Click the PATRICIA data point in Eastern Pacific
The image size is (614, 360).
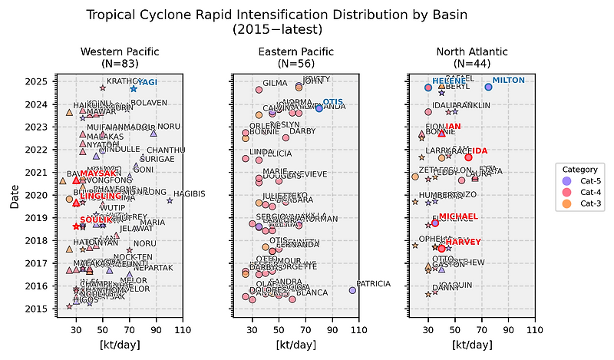(x=352, y=290)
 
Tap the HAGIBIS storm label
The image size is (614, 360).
(x=189, y=194)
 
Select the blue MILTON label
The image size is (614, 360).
(x=507, y=81)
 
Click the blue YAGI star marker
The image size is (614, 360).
(x=134, y=89)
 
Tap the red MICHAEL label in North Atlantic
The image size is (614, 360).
(x=457, y=216)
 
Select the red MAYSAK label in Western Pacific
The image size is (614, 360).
(x=97, y=173)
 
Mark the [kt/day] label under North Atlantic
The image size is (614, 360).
(x=467, y=345)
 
